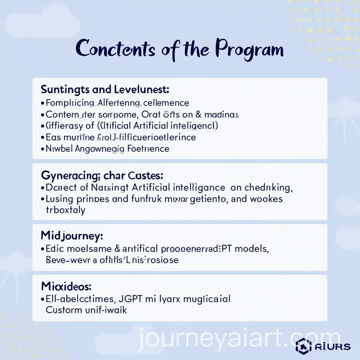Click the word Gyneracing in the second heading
click(66, 175)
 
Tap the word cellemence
click(166, 103)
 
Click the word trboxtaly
click(65, 210)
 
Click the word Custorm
click(64, 310)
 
